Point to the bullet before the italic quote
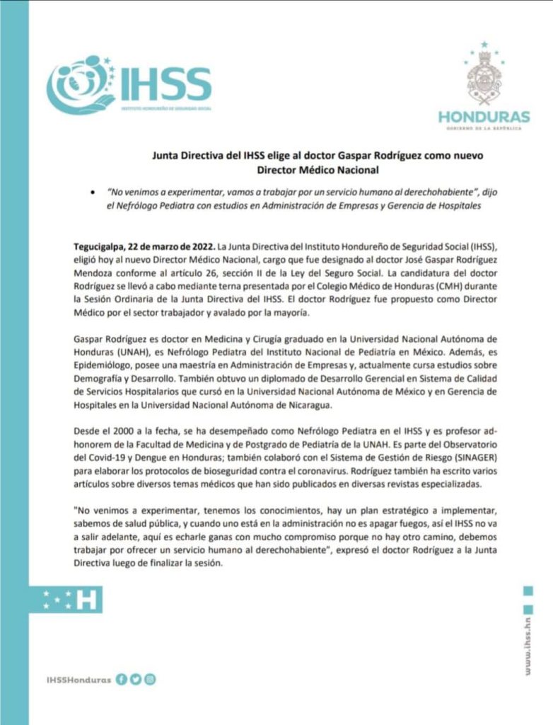tap(92, 193)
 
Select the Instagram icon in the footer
tap(149, 679)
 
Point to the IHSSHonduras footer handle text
tap(78, 680)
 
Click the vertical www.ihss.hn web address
tap(527, 651)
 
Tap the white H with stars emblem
tap(71, 600)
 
